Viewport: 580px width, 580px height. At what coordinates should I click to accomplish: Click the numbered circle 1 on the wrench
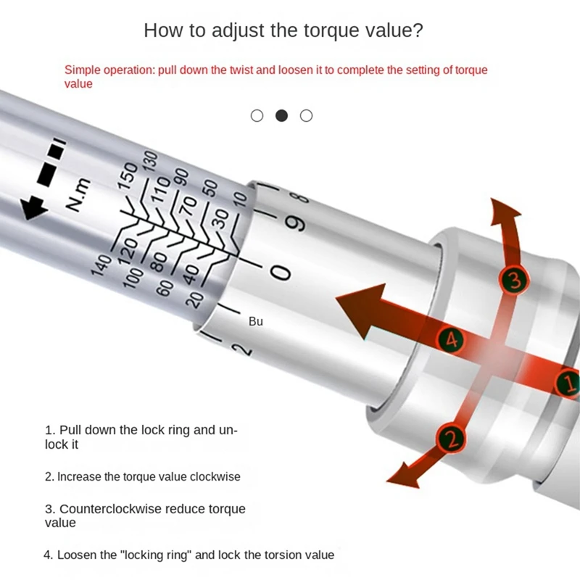[x=568, y=381]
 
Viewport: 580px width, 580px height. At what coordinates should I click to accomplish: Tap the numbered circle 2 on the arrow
[x=451, y=438]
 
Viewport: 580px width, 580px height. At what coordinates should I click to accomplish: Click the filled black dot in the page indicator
[x=281, y=116]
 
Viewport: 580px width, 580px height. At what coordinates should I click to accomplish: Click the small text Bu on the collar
[x=256, y=321]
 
